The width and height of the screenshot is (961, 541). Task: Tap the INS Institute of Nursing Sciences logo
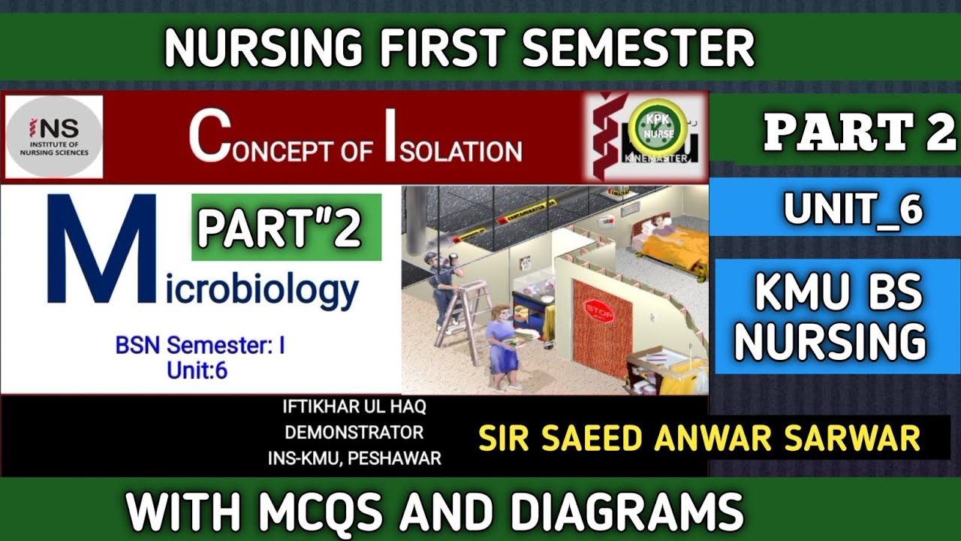(x=54, y=137)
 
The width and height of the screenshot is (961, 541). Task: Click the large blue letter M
(x=101, y=250)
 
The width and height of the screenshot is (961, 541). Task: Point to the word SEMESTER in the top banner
(x=638, y=49)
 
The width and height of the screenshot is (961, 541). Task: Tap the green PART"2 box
(x=286, y=228)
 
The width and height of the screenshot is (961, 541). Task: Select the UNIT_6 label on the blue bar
(x=852, y=208)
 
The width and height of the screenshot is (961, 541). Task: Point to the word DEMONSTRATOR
(x=354, y=433)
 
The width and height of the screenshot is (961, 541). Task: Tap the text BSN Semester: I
(x=200, y=346)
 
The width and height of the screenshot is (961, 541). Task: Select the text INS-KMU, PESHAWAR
(x=354, y=458)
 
